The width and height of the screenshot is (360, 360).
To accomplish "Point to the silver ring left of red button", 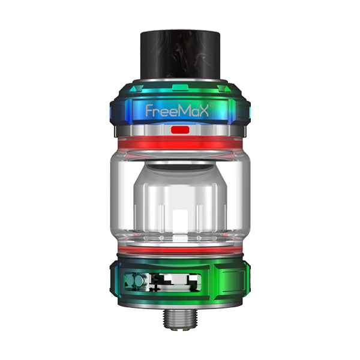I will click(x=150, y=129).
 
